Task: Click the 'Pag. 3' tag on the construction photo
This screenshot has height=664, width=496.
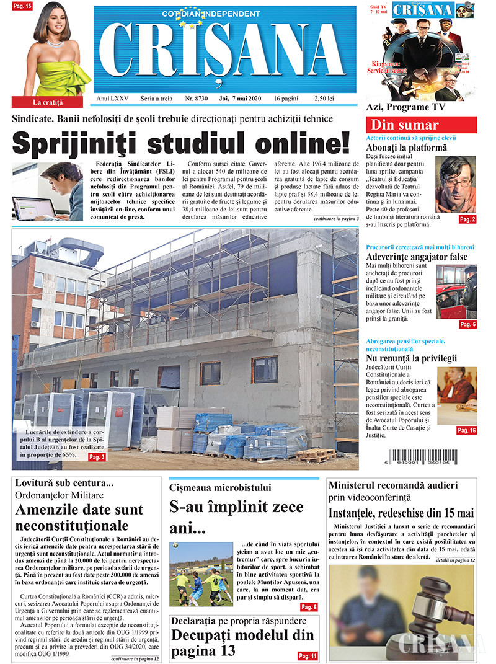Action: pos(97,457)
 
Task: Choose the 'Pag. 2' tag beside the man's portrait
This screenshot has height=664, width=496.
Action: pos(467,219)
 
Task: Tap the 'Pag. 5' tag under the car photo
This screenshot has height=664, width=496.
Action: pos(467,324)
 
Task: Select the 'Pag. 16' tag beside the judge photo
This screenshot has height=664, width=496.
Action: pos(466,430)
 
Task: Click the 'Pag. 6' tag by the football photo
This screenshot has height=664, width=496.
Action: pos(309,607)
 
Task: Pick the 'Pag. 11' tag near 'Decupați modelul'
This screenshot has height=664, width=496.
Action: pos(308,655)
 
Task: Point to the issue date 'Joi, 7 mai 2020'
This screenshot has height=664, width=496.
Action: pos(241,99)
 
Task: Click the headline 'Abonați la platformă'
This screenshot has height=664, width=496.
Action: pos(406,148)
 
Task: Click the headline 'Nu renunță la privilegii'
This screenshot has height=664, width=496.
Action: pos(411,358)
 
